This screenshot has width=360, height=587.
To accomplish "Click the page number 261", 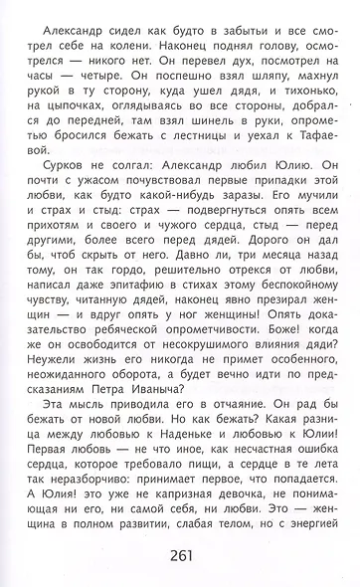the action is coord(180,554).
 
